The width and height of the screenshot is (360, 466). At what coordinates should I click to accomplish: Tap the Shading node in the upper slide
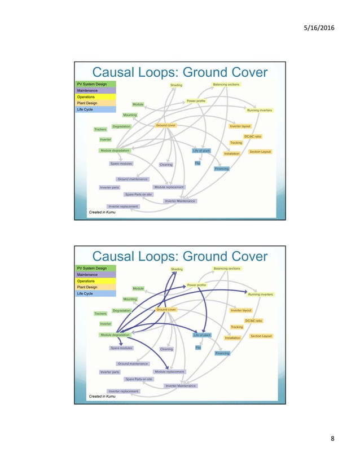177,85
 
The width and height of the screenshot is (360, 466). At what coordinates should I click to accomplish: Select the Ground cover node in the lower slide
166,310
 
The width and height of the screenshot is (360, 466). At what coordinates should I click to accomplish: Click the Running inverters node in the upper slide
260,111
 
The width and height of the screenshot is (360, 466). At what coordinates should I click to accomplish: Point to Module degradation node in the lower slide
115,335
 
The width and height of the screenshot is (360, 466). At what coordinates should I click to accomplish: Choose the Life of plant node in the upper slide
201,151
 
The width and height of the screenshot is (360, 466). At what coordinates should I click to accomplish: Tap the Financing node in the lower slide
222,353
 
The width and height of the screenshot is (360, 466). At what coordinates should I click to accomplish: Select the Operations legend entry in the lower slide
86,281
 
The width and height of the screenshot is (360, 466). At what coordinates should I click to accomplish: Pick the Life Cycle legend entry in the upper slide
85,109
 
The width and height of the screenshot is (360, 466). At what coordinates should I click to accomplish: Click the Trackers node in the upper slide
100,129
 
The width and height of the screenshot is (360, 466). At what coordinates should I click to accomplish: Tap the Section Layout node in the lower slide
261,336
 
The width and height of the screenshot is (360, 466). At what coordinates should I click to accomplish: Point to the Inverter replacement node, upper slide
123,206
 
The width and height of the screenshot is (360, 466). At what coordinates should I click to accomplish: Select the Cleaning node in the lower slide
166,349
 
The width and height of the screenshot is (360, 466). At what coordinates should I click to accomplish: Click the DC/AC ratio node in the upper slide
253,137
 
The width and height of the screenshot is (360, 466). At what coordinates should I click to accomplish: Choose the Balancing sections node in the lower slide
226,269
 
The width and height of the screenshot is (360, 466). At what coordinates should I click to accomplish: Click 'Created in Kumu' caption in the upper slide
102,212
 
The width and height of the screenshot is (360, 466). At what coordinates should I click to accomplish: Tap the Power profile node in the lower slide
196,285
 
